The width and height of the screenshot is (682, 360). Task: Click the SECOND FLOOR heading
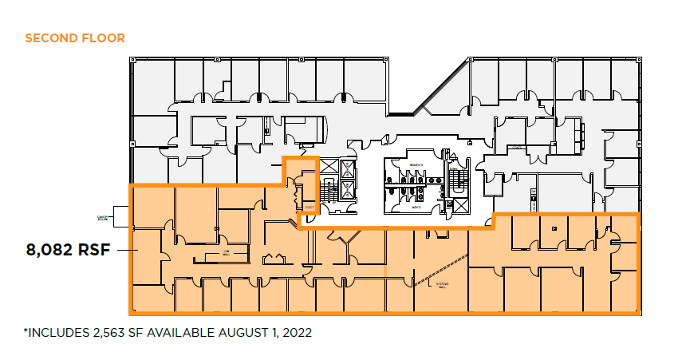click(x=75, y=38)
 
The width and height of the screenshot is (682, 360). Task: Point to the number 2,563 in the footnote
click(x=110, y=331)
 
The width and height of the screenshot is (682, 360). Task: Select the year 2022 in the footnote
click(x=294, y=331)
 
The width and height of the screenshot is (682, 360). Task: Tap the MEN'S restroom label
click(x=413, y=207)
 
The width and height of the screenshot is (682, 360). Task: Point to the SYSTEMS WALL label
click(x=438, y=285)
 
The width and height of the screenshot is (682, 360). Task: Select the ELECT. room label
click(x=309, y=208)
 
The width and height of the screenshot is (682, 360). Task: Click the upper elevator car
click(x=349, y=169)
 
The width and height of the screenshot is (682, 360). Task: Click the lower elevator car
click(x=349, y=190)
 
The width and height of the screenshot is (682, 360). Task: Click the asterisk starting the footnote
click(x=26, y=330)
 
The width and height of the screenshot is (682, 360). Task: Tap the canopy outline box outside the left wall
click(x=120, y=216)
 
